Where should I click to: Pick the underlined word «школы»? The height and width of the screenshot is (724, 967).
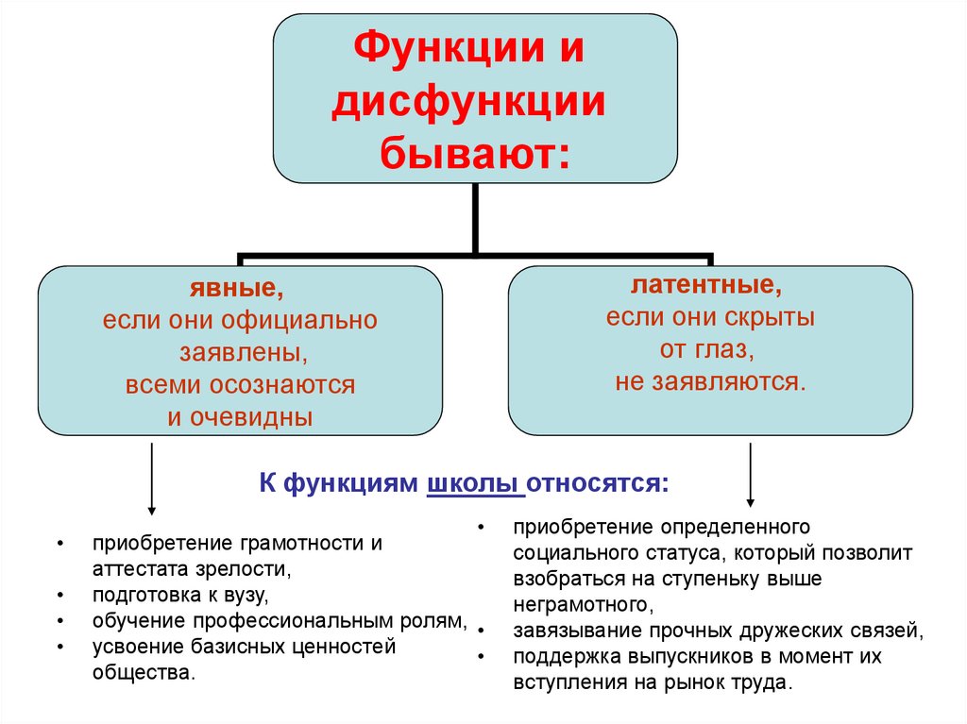[474, 484]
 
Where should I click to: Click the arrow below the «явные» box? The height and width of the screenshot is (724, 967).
[151, 477]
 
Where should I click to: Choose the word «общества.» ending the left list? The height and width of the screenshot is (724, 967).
[144, 673]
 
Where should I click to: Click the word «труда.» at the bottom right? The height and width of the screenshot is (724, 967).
[756, 682]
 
